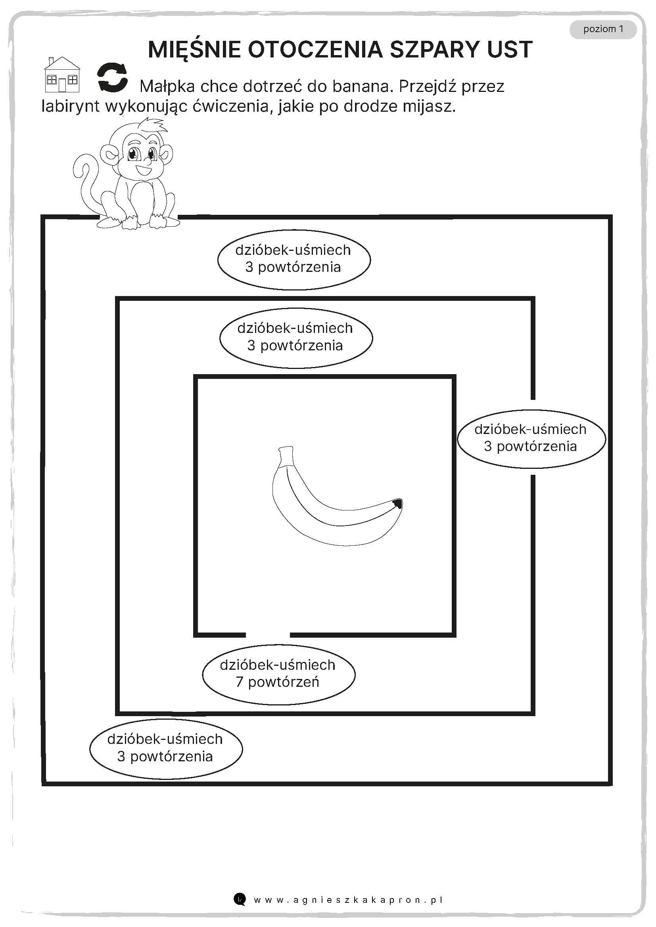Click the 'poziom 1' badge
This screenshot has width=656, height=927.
603,29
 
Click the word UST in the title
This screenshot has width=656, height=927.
510,50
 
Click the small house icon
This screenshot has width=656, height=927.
62,75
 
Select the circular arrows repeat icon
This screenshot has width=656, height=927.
112,77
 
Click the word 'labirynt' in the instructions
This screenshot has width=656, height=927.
70,106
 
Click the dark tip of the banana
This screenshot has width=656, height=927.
397,503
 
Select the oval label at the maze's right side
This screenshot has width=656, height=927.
531,438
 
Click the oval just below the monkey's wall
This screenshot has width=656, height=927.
293,259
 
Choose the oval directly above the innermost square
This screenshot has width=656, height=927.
296,337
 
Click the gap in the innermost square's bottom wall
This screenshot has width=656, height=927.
267,635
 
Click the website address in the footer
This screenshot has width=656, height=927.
348,900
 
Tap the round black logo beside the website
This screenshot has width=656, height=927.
240,899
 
